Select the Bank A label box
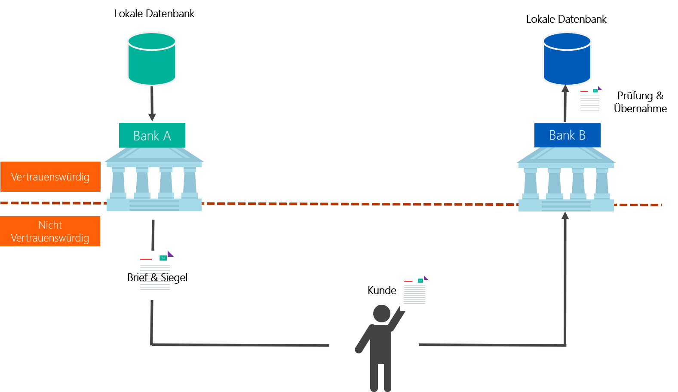pyautogui.click(x=152, y=135)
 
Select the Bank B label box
pyautogui.click(x=567, y=135)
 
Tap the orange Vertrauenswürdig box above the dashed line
pyautogui.click(x=50, y=177)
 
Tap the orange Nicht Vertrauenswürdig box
pyautogui.click(x=50, y=231)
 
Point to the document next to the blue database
pyautogui.click(x=589, y=102)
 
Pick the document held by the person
pyautogui.click(x=414, y=293)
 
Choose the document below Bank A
pyautogui.click(x=154, y=275)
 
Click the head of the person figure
pyautogui.click(x=381, y=313)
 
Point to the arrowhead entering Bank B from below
pyautogui.click(x=565, y=216)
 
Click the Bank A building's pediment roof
pyautogui.click(x=153, y=155)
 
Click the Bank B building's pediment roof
pyautogui.click(x=566, y=155)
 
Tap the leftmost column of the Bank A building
pyautogui.click(x=118, y=182)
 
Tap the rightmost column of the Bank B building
pyautogui.click(x=602, y=183)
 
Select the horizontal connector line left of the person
pyautogui.click(x=241, y=345)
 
